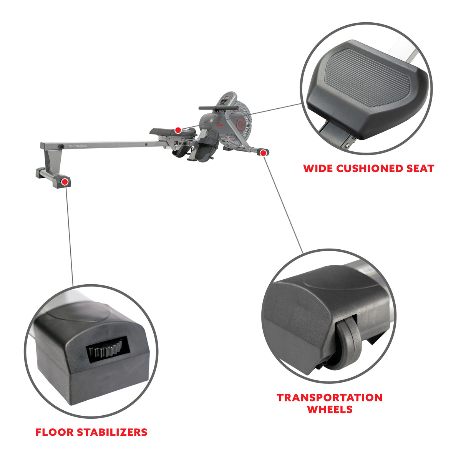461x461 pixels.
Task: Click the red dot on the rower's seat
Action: coord(177,130)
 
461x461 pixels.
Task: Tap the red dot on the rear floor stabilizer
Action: coord(65,181)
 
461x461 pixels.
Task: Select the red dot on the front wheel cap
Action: coord(263,153)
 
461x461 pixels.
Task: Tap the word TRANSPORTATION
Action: coord(330,397)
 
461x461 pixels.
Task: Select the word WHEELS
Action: coord(330,409)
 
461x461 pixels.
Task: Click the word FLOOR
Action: coord(55,432)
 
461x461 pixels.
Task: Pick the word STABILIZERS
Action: coord(112,432)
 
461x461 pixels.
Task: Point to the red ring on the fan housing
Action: coord(241,124)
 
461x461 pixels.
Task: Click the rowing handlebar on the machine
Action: coord(211,108)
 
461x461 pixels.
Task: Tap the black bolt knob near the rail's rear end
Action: coord(61,146)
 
